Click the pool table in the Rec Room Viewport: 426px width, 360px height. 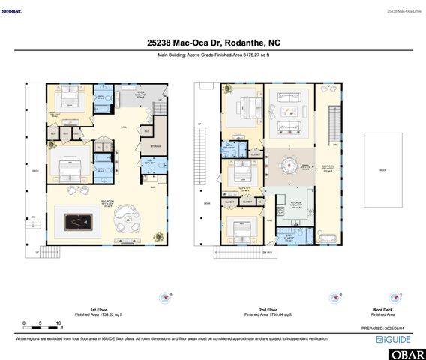77,221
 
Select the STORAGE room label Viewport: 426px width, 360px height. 156,146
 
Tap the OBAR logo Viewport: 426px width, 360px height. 406,353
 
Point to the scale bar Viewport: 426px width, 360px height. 41,327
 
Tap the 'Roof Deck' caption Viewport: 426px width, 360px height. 383,308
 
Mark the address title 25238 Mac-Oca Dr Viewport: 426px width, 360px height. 212,43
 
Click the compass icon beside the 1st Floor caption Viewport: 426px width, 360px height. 166,298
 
